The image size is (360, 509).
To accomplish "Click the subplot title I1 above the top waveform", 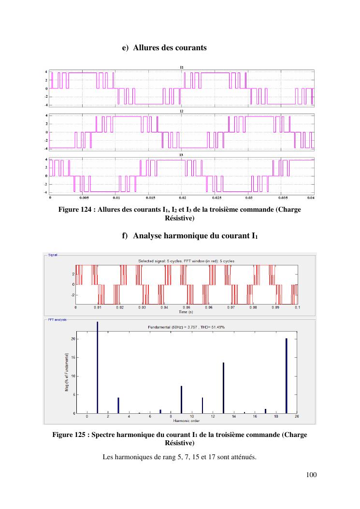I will [181, 67].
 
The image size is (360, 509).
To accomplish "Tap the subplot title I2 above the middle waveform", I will [181, 111].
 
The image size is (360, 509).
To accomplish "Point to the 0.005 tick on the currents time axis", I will [84, 198].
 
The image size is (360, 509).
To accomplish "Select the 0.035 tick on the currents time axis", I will [281, 198].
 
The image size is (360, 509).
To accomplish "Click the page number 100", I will [311, 475].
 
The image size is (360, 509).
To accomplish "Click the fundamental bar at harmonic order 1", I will [97, 367].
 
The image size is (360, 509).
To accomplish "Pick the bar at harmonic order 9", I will [181, 399].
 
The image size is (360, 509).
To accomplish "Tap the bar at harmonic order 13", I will [223, 388].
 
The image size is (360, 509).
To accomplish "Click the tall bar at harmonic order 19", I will [286, 376].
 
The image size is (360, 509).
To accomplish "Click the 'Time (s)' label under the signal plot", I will [187, 312].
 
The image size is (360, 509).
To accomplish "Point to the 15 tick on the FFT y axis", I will [73, 357].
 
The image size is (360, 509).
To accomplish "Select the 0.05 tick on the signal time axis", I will [187, 307].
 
